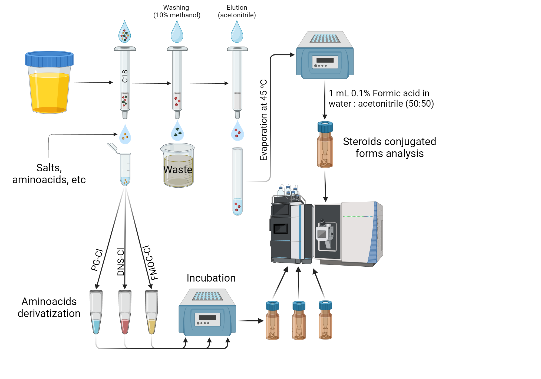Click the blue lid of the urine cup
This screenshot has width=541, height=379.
point(49,59)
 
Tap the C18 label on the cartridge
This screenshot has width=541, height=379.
point(125,76)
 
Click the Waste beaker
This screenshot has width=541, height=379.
point(178,166)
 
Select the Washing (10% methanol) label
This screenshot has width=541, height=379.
point(177,11)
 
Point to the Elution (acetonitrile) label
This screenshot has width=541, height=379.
point(237,11)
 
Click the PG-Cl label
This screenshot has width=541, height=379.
point(97,260)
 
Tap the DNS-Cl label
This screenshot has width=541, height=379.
point(121,262)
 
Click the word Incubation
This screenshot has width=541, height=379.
point(211,278)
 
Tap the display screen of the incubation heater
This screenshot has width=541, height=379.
point(207,318)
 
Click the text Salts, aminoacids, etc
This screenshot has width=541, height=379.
point(49,174)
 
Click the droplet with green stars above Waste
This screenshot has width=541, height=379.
point(177,131)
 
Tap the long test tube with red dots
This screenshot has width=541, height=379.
point(237,181)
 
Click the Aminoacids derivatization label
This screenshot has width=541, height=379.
point(49,307)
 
